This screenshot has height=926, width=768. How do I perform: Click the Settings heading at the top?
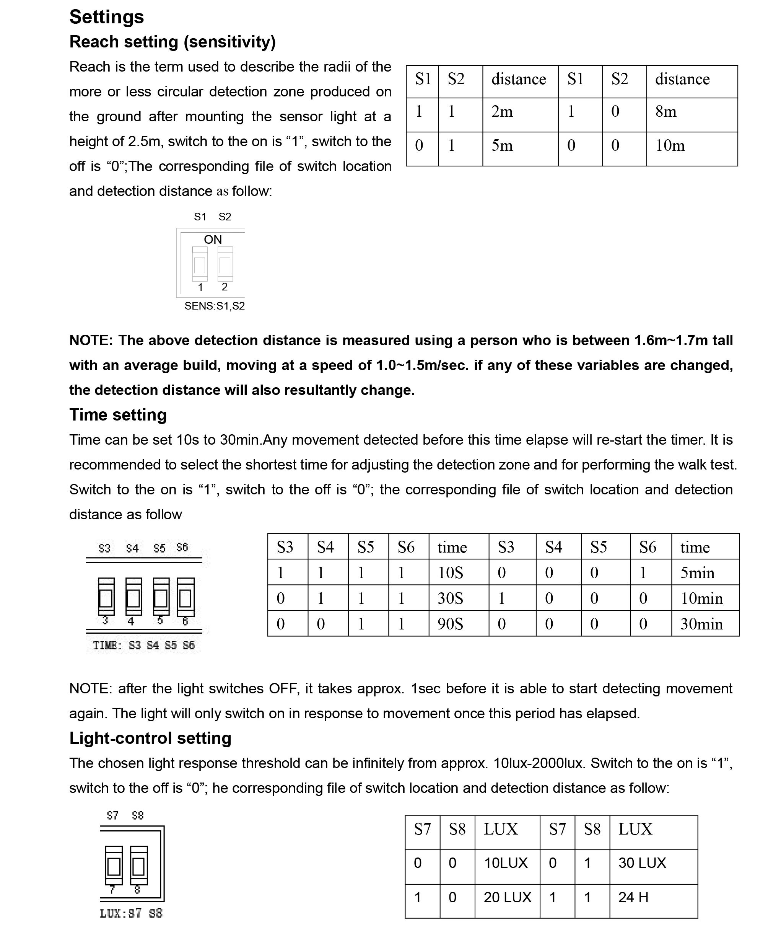point(106,17)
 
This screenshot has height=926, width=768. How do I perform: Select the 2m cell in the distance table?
point(502,112)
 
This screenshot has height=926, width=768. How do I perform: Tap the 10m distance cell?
point(670,146)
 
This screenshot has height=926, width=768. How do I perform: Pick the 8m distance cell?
point(666,112)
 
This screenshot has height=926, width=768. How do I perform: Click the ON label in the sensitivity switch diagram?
point(213,240)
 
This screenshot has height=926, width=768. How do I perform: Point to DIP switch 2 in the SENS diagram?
point(225,264)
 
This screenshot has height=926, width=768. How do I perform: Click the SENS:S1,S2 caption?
point(214,306)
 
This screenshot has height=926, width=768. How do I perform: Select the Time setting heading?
point(118,415)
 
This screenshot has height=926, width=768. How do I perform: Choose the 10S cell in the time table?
point(450,573)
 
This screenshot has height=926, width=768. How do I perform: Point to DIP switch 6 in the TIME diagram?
point(185,597)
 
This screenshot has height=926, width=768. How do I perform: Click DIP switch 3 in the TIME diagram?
point(106,597)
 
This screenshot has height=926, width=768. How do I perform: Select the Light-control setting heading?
point(150,738)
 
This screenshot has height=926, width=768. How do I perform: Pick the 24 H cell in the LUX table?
point(633,897)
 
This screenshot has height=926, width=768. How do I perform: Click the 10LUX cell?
point(506,863)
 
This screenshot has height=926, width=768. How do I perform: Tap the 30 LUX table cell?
point(642,863)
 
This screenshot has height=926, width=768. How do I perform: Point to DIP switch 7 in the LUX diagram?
point(114,866)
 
